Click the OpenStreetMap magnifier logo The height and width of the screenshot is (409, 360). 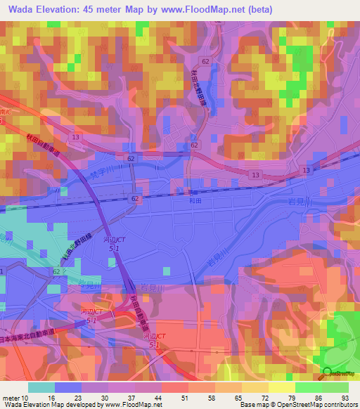tap(328, 373)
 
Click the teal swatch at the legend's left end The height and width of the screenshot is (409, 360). tap(41, 387)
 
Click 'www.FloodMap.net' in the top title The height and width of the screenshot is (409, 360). tap(212, 9)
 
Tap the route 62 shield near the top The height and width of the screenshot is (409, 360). tap(205, 62)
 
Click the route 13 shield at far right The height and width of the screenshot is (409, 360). tap(306, 171)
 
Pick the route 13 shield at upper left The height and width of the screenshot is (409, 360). tap(75, 138)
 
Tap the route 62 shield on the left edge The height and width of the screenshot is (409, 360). tap(56, 271)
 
